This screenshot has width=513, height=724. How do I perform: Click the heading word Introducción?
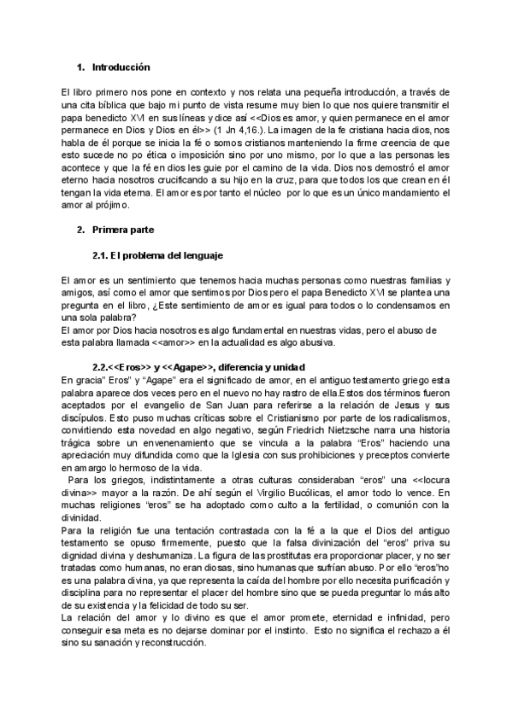click(121, 67)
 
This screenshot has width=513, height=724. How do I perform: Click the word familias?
click(422, 281)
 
